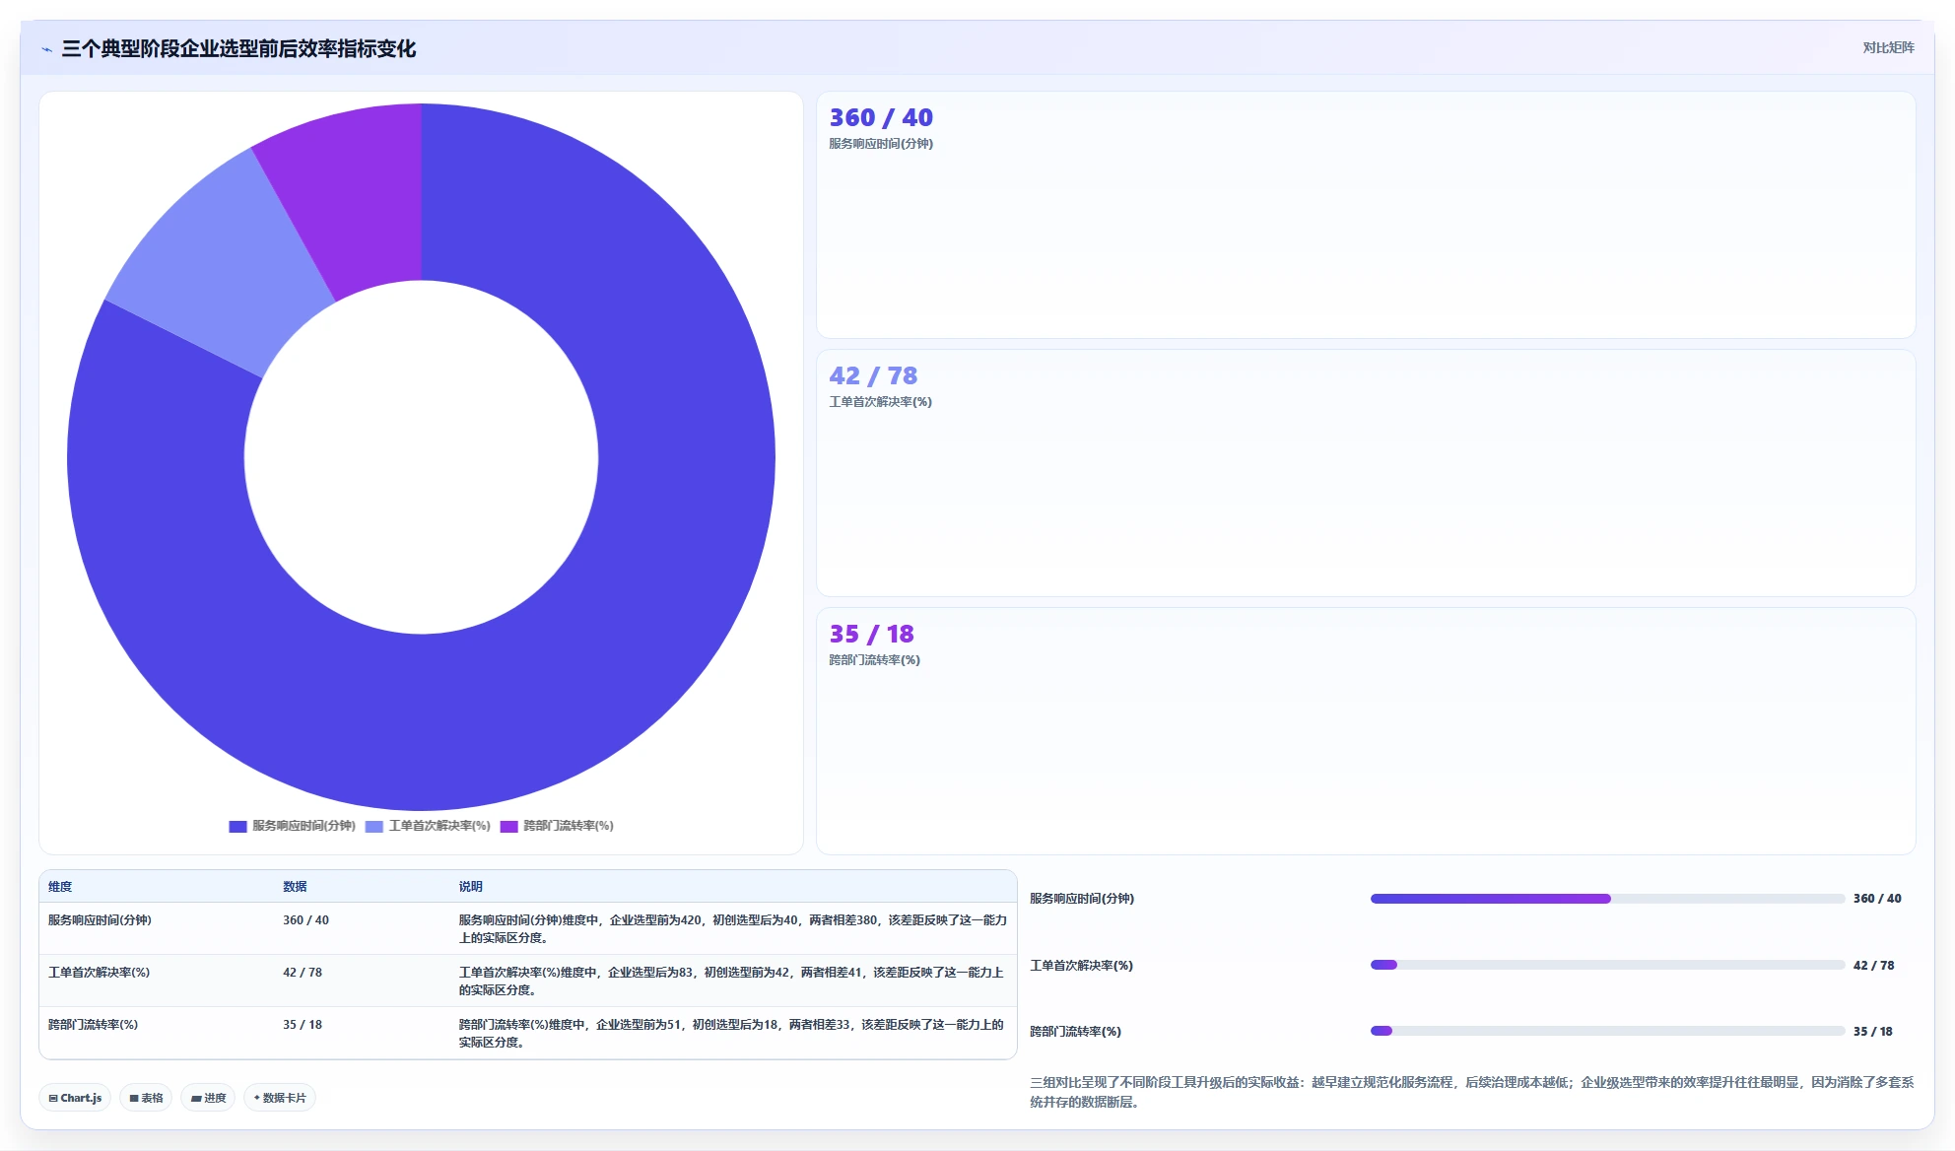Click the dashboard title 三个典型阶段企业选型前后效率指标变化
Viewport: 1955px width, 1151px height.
coord(238,48)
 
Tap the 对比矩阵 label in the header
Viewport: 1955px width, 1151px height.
coord(1888,47)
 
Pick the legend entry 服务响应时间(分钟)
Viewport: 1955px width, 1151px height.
coord(293,826)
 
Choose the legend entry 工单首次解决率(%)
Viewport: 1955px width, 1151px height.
coord(428,826)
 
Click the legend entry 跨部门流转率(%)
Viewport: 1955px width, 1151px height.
coord(557,826)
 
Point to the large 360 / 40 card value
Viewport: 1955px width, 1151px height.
coord(881,117)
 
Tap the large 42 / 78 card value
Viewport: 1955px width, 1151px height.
coord(873,375)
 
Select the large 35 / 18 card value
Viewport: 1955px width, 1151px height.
coord(871,634)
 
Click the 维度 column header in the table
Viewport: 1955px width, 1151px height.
coord(60,887)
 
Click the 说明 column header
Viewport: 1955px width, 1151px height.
coord(470,887)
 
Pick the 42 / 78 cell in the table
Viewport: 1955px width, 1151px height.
coord(303,973)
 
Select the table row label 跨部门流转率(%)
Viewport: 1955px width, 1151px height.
coord(93,1025)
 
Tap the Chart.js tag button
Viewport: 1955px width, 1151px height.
coord(75,1098)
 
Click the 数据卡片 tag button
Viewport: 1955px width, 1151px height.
coord(280,1098)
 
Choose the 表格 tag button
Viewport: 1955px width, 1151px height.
coord(146,1098)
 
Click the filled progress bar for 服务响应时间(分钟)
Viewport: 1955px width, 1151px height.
coord(1490,899)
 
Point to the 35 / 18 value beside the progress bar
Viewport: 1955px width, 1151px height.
coord(1872,1032)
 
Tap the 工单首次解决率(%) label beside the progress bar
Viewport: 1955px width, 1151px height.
coord(1081,966)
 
